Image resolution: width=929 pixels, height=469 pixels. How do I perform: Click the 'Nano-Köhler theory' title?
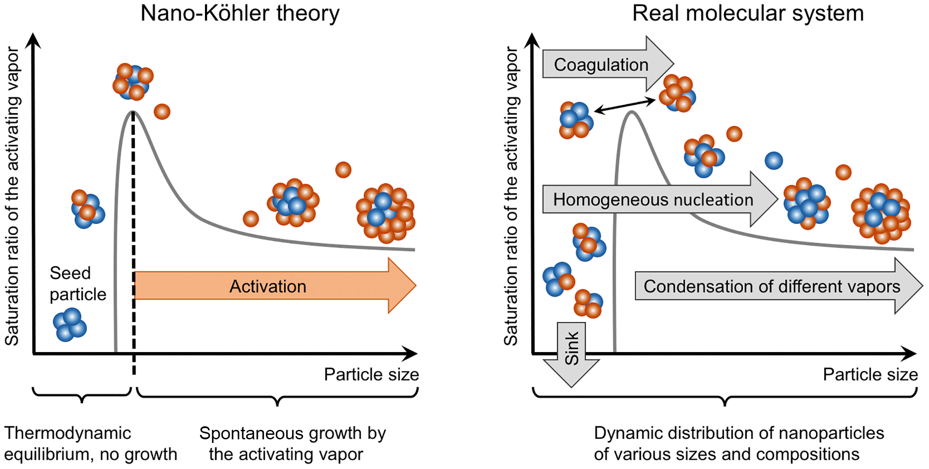click(240, 13)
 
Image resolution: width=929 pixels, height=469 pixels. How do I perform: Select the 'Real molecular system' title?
click(748, 13)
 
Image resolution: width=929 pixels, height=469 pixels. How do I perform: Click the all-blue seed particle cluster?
click(70, 324)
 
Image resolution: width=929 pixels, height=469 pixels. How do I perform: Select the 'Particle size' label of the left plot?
click(371, 374)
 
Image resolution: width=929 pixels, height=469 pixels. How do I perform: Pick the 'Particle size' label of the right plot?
click(870, 374)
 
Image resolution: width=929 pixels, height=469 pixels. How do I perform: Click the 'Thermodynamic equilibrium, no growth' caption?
click(90, 443)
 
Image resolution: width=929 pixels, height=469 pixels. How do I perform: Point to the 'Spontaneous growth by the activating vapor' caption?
click(292, 443)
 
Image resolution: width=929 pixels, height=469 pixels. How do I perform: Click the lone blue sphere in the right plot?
click(773, 161)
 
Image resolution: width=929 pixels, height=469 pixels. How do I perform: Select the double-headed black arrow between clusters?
click(625, 106)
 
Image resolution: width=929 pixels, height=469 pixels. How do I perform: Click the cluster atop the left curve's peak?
click(133, 81)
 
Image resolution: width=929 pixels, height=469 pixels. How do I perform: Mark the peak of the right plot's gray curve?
click(632, 112)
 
